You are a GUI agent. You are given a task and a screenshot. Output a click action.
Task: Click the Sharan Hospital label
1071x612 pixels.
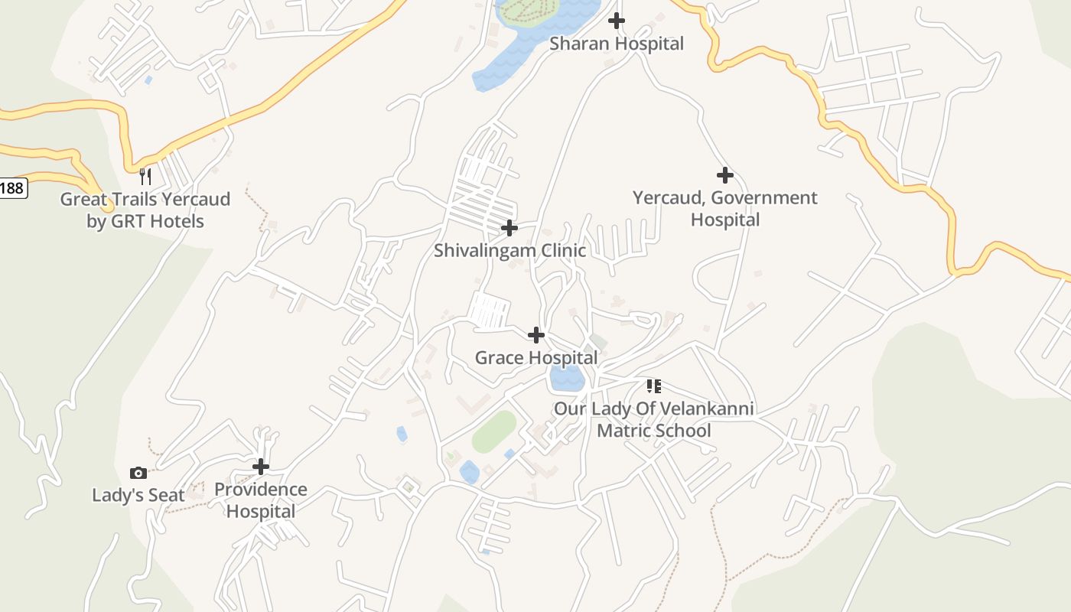pos(617,44)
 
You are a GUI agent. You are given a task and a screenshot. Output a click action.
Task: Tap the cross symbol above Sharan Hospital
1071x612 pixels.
pos(617,21)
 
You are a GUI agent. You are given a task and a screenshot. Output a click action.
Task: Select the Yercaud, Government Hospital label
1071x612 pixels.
pos(724,209)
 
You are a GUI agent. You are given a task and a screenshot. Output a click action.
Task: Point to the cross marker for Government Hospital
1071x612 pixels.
pos(724,175)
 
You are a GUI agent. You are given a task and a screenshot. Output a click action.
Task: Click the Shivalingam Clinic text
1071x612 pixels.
pos(509,250)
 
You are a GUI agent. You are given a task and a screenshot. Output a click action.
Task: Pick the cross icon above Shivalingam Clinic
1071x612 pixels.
pos(509,228)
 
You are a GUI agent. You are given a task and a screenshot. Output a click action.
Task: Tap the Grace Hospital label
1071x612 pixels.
pos(536,357)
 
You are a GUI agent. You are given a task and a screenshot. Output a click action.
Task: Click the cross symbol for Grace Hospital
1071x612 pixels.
pos(536,334)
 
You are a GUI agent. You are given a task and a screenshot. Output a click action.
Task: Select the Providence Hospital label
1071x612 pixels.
pos(261,500)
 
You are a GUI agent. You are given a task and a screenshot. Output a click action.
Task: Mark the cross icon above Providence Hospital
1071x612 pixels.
pos(261,466)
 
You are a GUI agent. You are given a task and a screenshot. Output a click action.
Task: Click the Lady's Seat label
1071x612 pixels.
pos(138,495)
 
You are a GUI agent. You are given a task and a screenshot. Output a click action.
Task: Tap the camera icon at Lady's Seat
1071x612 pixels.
pos(138,473)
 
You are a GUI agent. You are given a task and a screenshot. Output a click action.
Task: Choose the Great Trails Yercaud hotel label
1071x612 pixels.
pos(145,210)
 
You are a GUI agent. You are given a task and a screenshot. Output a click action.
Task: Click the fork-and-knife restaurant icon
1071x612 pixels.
pos(145,177)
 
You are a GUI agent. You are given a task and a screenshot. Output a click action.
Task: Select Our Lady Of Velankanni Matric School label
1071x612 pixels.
pos(653,419)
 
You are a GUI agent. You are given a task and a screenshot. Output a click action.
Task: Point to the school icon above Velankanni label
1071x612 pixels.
pos(653,386)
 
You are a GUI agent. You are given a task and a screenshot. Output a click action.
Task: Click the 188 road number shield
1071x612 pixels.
pos(11,187)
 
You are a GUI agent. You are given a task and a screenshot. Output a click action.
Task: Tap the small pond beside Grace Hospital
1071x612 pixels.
pos(567,377)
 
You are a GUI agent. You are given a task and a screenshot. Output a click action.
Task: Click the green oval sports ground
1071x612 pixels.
pos(494,431)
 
